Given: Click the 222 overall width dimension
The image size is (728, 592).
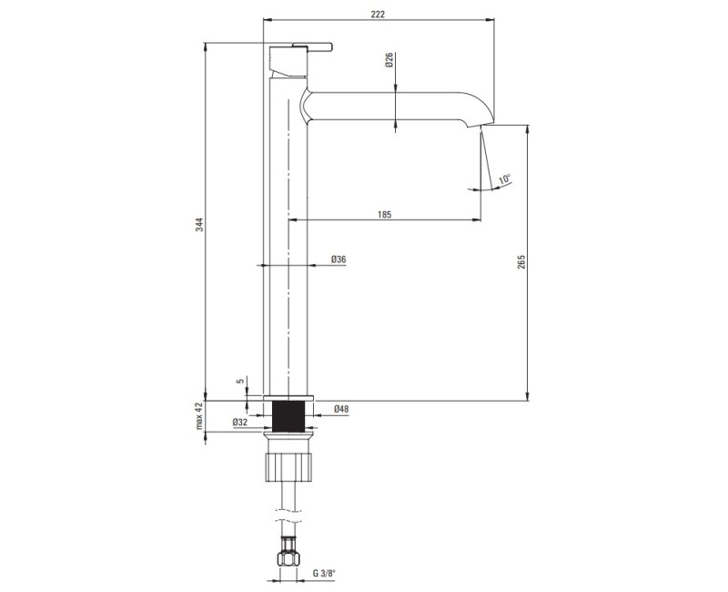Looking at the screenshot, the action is pos(378,14).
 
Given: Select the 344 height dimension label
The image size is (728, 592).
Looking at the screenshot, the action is pos(199,224).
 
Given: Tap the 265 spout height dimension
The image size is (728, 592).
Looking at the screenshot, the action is pos(521,261).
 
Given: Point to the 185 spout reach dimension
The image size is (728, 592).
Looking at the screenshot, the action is pos(384,214).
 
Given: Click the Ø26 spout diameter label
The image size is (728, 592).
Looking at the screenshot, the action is pos(389,60).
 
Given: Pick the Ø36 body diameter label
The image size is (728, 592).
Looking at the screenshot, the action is pos(339,260).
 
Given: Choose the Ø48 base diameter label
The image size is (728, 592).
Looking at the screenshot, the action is pos(341,409).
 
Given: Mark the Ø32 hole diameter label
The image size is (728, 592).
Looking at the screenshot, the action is pos(240,423).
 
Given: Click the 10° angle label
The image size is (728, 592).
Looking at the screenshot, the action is pos(505,179).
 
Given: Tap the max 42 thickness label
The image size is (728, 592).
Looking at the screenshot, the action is pos(199,416).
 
